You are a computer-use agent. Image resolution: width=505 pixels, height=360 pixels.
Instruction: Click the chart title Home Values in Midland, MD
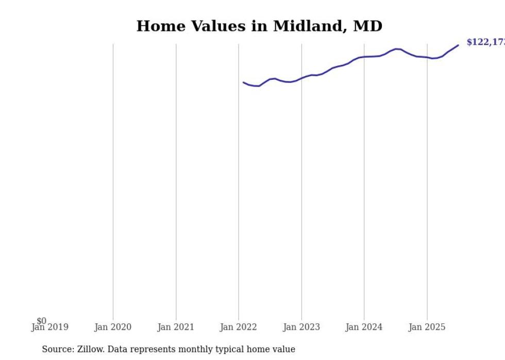coord(259,26)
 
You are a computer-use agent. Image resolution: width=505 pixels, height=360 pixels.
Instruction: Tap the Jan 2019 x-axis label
coord(50,327)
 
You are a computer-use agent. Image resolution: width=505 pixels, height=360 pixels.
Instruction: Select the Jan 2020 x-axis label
coord(113,327)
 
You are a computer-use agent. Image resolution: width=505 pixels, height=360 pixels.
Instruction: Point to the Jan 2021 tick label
coord(176,327)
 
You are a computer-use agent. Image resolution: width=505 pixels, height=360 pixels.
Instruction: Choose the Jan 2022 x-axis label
coord(239,327)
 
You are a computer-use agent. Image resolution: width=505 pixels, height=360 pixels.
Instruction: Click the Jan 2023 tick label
coord(301,327)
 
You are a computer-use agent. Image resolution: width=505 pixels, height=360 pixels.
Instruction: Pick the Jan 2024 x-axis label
coord(364,327)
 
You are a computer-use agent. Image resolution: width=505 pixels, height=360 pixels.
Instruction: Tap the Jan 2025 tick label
coord(427,327)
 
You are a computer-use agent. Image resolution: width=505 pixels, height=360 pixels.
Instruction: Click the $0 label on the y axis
coord(41,321)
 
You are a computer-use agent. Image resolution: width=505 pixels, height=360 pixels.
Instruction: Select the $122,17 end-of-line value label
coord(485,42)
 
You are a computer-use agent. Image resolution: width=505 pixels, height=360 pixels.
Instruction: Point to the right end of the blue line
coord(458,45)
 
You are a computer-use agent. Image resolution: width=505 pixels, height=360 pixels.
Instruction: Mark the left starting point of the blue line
coord(244,82)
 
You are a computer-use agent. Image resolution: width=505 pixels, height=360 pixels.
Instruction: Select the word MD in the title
coord(367,26)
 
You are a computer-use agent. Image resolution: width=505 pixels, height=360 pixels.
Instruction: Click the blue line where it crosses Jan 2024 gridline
coord(364,57)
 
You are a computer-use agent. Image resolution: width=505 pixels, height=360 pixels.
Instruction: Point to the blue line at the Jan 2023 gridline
coord(301,78)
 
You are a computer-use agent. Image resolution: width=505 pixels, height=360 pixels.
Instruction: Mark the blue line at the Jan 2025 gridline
coord(427,57)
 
